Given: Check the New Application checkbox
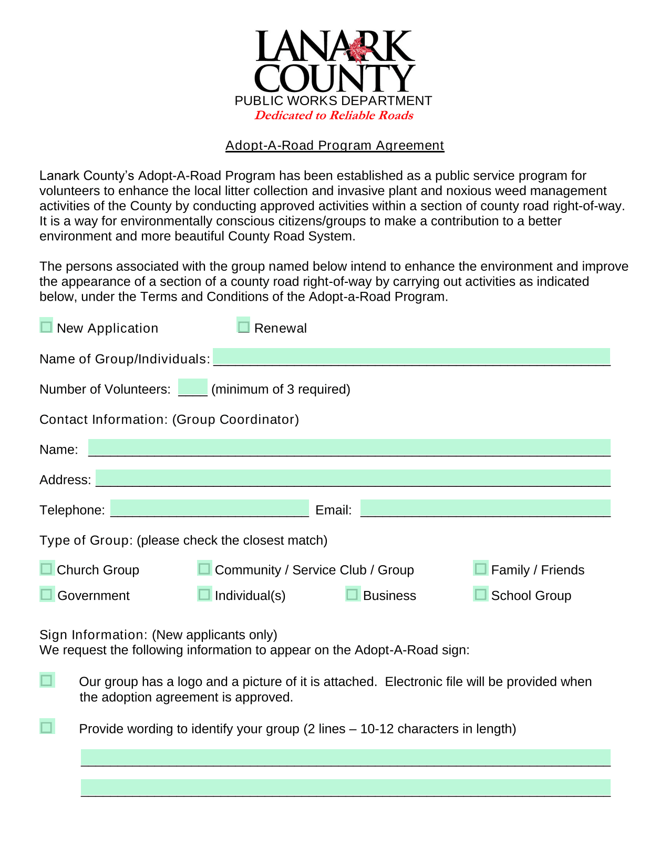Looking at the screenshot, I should coord(46,327).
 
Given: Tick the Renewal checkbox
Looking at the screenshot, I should coord(243,327).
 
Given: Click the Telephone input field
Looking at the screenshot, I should coord(209,508).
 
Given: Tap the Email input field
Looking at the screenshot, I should coord(485,508).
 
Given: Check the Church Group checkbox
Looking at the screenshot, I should coord(47,568).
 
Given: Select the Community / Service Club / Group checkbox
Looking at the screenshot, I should coord(204,568).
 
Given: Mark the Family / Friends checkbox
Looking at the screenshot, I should coord(480,568).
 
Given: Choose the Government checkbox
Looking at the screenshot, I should coord(47,594).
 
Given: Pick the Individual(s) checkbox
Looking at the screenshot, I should coord(204,594).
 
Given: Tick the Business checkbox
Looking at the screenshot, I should coord(353,594).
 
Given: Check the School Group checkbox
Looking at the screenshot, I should coord(480,594).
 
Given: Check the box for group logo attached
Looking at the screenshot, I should coord(47,680).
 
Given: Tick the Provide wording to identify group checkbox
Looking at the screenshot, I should coord(47,727).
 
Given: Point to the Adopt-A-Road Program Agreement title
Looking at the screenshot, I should coord(335,146).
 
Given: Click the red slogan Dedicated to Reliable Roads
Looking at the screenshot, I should coord(334,116).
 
